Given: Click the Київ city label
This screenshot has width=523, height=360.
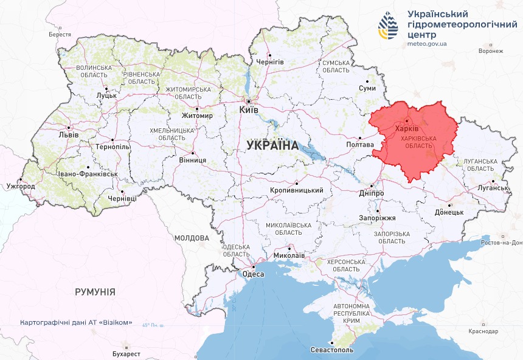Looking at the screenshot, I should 249,110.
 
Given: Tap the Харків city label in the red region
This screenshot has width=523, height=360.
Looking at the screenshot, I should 406,129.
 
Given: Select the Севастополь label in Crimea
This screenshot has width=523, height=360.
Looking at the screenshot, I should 331,350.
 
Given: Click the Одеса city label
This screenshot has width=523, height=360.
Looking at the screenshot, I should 253,274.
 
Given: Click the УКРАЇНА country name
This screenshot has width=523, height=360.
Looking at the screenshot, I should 272,146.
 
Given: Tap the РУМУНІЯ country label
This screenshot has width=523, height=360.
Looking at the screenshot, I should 95,292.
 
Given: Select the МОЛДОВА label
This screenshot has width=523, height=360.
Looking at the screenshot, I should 191,238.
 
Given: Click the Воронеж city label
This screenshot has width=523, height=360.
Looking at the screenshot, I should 491,51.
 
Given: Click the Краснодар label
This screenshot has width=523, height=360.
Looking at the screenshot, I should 483,331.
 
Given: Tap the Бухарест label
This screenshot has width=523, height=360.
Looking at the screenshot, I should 126,354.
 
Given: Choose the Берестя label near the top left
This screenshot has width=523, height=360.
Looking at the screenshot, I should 60,35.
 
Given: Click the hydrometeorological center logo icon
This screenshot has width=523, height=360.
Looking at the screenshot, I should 387,26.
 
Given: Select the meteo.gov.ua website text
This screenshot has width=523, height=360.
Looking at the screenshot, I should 427,44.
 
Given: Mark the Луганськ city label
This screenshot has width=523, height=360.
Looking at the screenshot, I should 493,188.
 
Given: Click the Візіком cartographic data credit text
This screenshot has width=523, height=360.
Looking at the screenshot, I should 75,322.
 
